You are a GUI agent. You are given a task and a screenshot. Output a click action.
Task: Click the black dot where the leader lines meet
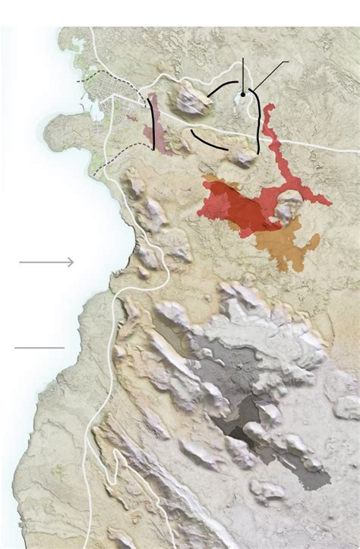point(243,95)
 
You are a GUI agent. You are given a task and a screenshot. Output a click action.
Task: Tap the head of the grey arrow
point(72,262)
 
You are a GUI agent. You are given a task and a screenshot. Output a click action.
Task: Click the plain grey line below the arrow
point(39,347)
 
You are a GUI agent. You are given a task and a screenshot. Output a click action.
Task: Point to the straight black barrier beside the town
point(155,129)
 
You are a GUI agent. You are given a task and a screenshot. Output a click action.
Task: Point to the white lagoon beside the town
point(96,110)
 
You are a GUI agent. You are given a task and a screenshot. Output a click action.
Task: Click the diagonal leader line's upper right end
point(288,62)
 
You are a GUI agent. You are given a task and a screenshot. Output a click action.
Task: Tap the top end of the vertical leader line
point(243,58)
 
